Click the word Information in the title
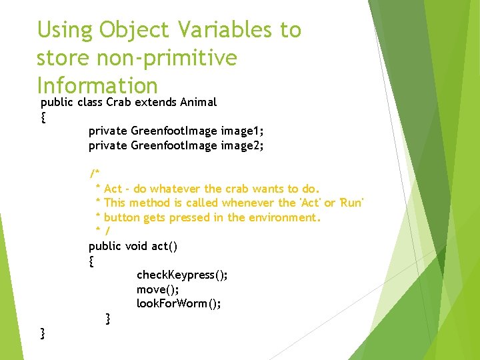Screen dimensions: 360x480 [97, 86]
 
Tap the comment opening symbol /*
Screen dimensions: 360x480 [95, 174]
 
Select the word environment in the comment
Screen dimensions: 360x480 [285, 217]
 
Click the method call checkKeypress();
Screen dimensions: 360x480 [182, 275]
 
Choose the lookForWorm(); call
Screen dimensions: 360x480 [179, 304]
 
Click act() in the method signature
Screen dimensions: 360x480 [165, 246]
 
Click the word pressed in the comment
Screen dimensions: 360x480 [193, 217]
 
